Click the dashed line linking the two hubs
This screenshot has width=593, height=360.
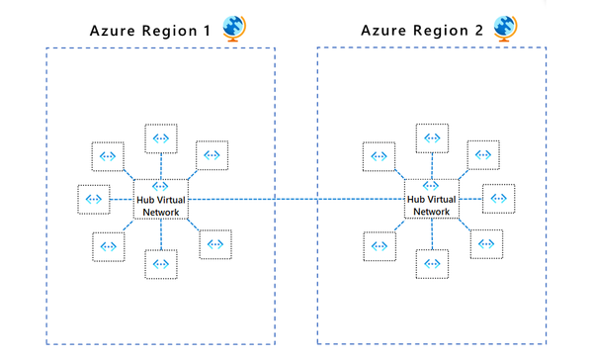296,200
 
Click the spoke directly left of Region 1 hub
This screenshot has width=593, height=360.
94,199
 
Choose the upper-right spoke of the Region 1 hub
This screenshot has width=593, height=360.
212,154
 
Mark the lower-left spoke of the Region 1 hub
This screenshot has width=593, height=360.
108,245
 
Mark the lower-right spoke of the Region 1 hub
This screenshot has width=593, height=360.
213,244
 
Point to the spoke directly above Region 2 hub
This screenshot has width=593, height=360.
432,138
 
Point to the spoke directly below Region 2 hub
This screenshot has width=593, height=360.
432,263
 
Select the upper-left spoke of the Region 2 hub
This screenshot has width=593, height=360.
379,154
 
